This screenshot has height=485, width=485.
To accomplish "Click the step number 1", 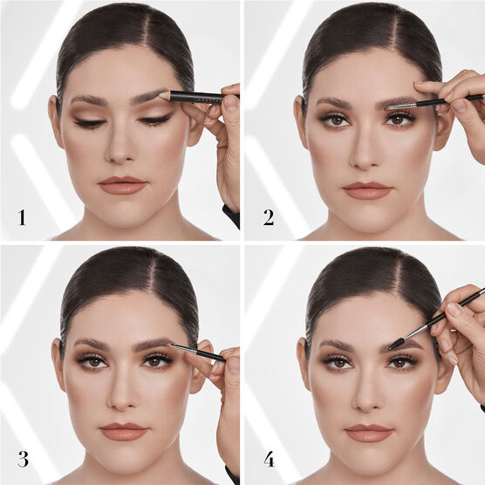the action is [x=22, y=217].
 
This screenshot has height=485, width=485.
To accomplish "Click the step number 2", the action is [x=269, y=217].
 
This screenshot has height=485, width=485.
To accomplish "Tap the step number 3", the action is [x=24, y=460].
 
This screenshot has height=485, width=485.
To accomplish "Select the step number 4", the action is [x=269, y=460].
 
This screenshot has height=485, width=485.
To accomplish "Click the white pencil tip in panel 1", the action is [x=164, y=95].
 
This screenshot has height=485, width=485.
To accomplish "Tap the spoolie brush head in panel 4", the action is [x=396, y=344].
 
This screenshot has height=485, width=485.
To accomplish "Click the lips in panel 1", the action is [x=122, y=185].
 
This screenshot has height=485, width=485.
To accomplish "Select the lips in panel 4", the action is [x=368, y=433].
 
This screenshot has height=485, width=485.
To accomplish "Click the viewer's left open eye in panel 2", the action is [x=337, y=120].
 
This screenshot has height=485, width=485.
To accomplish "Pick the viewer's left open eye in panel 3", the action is [x=94, y=361].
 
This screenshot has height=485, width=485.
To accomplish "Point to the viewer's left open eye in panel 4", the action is [x=339, y=363].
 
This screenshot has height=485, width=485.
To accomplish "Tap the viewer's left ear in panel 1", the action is [x=56, y=122].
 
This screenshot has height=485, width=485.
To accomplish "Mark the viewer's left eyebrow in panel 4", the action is [x=337, y=345].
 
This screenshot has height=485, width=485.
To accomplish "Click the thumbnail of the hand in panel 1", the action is [x=230, y=103].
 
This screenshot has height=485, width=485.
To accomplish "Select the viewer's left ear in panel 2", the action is [x=302, y=122].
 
